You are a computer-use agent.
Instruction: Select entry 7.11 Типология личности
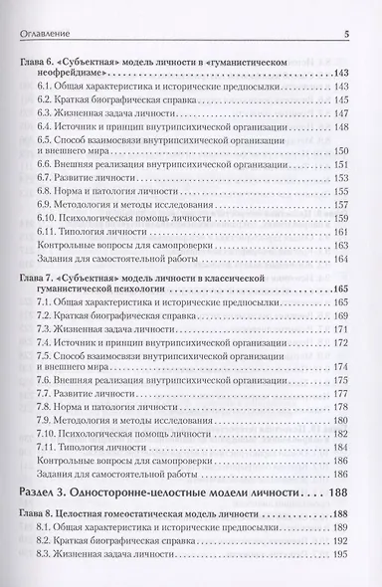pos(95,448)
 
